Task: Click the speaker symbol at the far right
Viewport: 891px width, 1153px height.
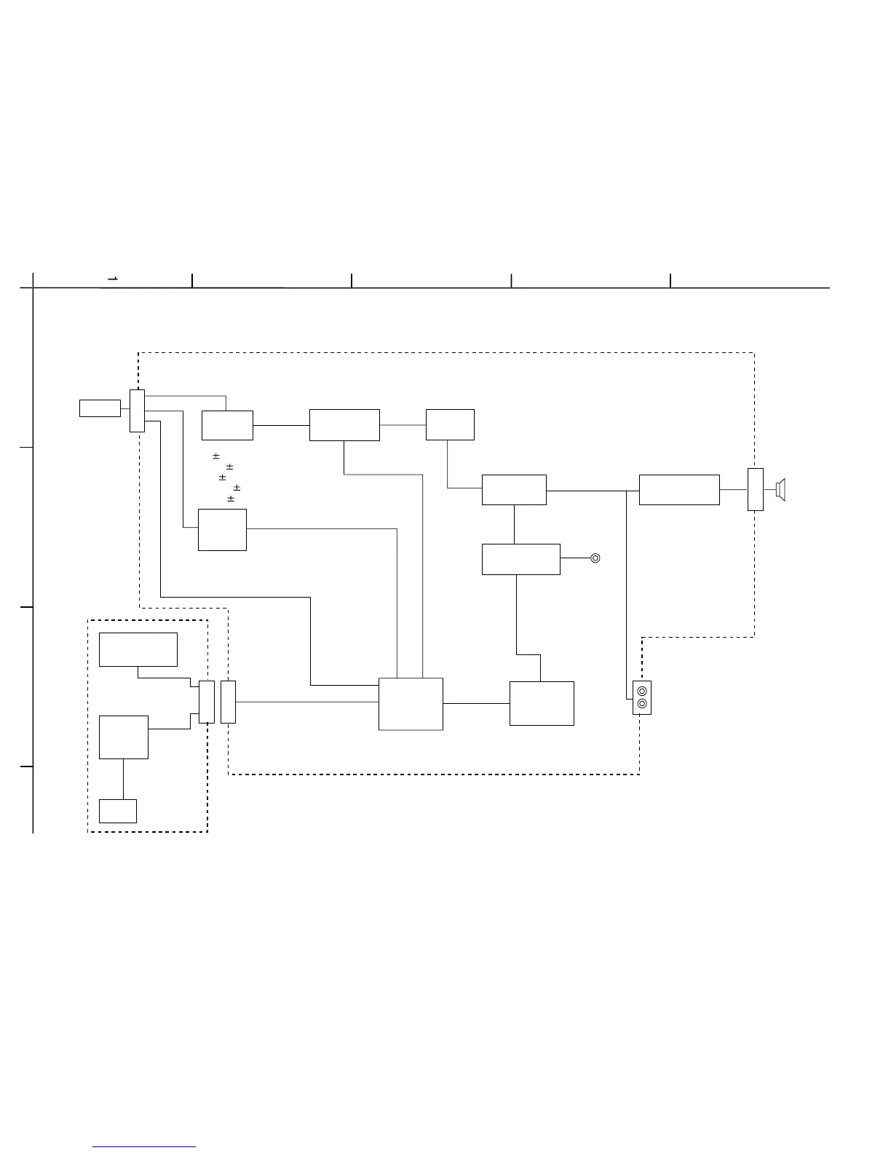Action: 781,490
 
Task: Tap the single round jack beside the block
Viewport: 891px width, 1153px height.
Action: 595,558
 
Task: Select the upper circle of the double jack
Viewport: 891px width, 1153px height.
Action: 642,691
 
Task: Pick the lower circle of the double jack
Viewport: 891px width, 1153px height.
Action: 642,704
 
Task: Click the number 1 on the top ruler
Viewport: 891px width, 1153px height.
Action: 113,279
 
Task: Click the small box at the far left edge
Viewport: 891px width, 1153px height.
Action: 100,408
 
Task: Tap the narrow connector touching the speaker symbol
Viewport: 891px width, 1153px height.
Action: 756,490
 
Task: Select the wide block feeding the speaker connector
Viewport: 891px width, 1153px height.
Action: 679,489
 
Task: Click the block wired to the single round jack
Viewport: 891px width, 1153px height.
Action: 521,559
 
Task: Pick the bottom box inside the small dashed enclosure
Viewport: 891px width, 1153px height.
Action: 118,811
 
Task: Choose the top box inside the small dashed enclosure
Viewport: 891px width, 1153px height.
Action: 138,649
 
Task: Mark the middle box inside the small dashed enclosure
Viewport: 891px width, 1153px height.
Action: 124,737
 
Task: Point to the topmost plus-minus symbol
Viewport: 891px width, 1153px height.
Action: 216,456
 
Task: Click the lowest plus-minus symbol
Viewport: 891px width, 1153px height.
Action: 231,499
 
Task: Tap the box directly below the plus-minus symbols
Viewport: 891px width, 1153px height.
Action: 222,530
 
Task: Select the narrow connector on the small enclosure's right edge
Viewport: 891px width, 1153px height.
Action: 207,702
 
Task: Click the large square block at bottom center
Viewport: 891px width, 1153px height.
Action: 411,704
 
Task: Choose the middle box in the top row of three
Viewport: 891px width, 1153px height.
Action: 344,425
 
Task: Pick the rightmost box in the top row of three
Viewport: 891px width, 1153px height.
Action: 450,424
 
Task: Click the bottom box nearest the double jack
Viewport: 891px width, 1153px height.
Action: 542,703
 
